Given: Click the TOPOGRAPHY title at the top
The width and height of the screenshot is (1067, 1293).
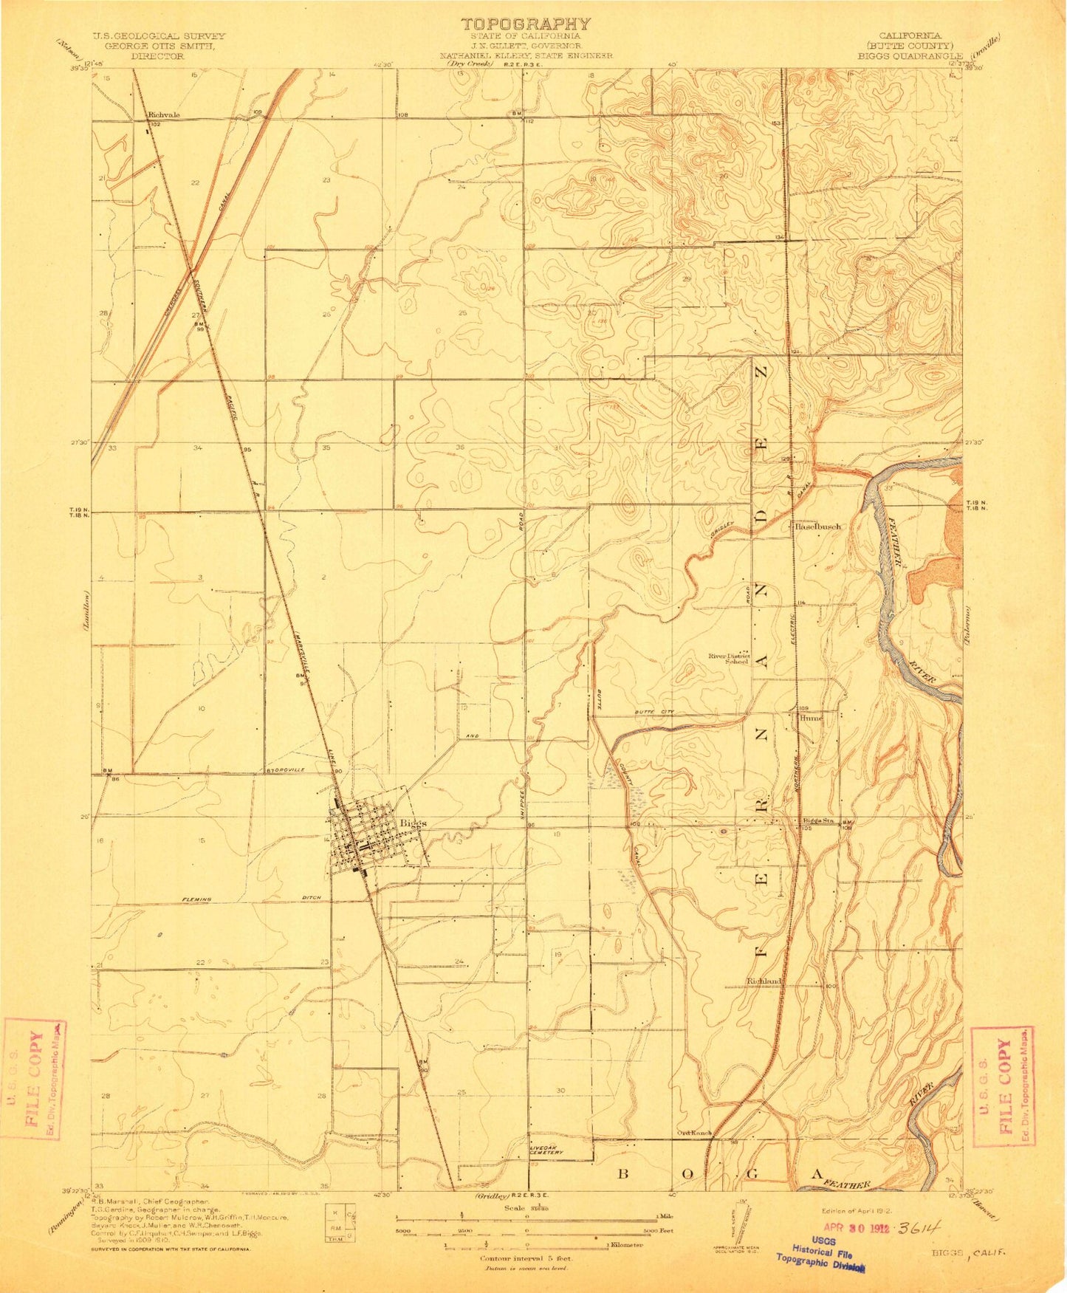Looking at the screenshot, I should pos(525,24).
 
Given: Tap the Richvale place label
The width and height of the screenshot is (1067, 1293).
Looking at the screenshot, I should pos(164,115).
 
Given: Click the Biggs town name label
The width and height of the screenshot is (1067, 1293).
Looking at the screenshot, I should pos(413,823).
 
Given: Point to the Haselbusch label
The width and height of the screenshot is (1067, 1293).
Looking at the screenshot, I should pos(817,527).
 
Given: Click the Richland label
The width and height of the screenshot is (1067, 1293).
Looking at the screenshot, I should pos(764,981).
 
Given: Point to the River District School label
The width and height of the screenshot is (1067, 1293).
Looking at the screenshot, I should pos(730,658).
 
